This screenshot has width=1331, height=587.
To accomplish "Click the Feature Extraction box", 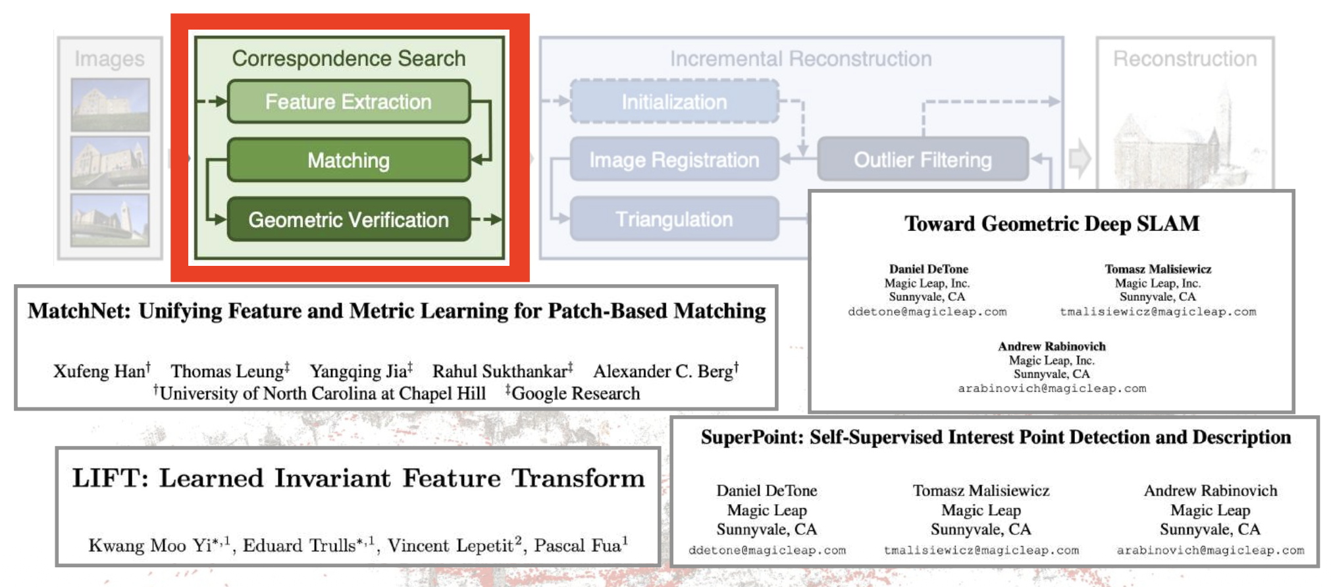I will pos(348,102).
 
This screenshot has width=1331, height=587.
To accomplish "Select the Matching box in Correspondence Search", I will pos(348,161).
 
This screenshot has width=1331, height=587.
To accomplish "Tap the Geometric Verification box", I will pos(348,220).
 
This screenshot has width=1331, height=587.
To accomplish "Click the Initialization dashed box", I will pos(674,102).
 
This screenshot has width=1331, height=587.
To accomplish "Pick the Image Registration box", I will pos(674,160).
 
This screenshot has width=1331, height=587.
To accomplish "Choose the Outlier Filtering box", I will pos(922,160).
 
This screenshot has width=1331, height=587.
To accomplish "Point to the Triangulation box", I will pos(674,219).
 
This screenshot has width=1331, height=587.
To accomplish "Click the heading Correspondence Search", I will pos(348,59).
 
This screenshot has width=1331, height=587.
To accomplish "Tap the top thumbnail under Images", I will pos(110,105).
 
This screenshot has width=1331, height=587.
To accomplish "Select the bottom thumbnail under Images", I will pos(110,220).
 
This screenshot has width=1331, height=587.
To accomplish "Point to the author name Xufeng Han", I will pos(99,372).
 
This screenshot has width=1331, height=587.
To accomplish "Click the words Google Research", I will pos(575,394).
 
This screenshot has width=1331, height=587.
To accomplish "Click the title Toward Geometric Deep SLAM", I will pos(1051,224).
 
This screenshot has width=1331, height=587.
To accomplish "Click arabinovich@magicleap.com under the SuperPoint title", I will pos(1210,550).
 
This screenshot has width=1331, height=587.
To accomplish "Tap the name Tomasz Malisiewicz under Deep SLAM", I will pos(1157,269).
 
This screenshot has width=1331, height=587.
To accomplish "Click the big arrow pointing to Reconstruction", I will pos(1080,159).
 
